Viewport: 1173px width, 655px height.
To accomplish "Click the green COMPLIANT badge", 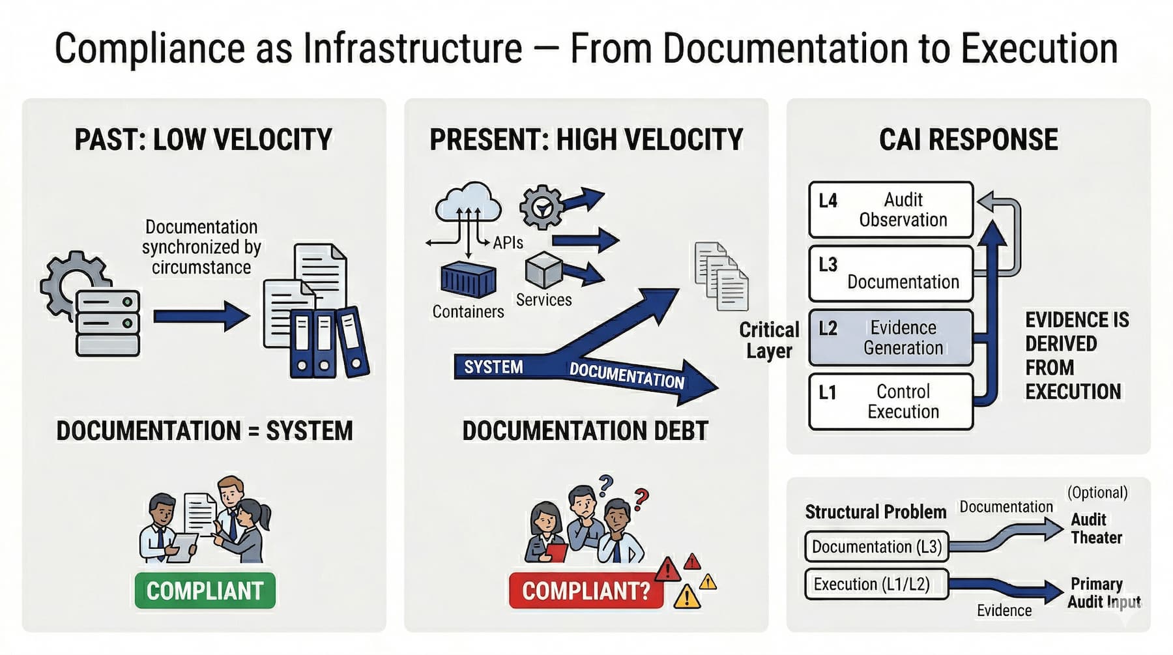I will pos(205,590).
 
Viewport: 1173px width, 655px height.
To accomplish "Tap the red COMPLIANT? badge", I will pos(585,590).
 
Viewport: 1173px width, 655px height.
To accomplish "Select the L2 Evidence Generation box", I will pos(890,338).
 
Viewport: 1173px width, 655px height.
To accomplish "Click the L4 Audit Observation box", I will pos(890,209).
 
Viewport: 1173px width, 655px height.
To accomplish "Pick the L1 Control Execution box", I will pos(890,401).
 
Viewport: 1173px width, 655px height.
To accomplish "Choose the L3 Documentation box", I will pos(890,273).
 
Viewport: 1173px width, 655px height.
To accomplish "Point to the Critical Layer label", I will pos(769,340).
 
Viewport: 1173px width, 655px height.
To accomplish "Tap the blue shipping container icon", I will pos(468,280).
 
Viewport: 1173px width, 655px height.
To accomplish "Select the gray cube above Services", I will pos(543,270).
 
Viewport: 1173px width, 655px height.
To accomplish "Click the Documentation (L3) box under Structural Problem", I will pos(876,547).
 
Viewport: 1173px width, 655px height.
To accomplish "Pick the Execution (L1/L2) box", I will pos(876,584).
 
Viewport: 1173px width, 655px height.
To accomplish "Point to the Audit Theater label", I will pos(1096,529).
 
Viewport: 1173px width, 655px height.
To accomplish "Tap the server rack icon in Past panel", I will pos(108,323).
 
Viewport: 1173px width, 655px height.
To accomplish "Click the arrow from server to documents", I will pos(201,316).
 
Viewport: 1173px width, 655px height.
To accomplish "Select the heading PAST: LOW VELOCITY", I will pos(203,139).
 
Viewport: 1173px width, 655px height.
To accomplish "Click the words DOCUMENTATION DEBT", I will pos(585,431).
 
